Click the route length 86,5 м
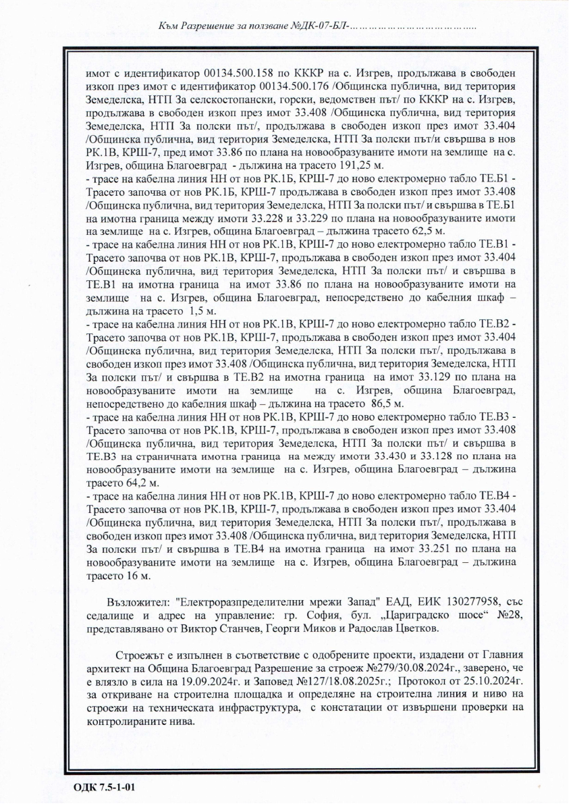pos(383,404)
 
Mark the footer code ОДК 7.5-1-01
pos(105,787)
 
